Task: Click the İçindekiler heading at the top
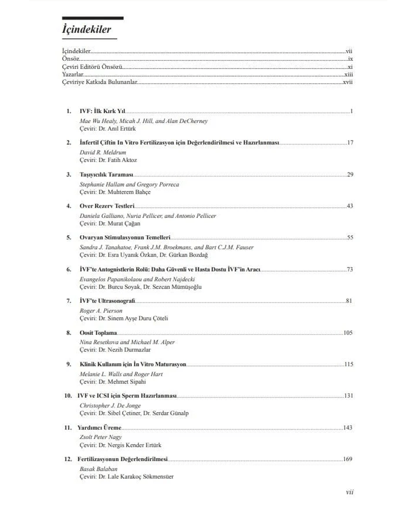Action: click(x=87, y=29)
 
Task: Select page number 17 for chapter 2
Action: click(x=350, y=143)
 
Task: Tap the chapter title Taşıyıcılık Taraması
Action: click(x=106, y=174)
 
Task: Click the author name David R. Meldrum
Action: click(x=103, y=152)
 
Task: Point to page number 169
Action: click(x=347, y=459)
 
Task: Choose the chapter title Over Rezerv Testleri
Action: click(x=107, y=206)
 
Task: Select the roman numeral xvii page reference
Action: click(x=348, y=82)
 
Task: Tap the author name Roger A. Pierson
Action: click(x=101, y=311)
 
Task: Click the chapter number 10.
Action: click(x=68, y=396)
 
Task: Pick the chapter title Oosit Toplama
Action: click(x=98, y=333)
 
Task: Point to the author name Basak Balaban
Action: click(x=99, y=469)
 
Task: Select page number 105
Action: click(x=348, y=333)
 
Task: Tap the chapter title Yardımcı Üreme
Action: click(x=99, y=428)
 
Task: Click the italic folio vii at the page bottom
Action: click(x=349, y=492)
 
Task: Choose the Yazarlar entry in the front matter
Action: click(x=73, y=74)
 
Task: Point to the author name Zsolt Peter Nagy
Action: click(x=101, y=437)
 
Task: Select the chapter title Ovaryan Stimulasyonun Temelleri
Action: click(x=125, y=238)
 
